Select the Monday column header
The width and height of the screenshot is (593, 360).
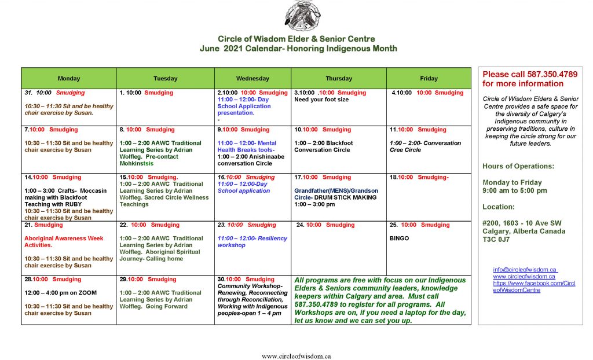(x=69, y=78)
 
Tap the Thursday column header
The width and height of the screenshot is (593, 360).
(x=339, y=78)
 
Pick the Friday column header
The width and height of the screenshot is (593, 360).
(x=429, y=78)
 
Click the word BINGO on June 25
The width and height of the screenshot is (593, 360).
(x=399, y=238)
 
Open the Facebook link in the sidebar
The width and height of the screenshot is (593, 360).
(x=533, y=286)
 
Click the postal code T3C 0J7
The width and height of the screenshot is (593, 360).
(x=496, y=240)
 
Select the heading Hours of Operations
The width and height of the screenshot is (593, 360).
(x=518, y=166)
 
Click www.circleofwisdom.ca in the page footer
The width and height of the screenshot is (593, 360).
(x=296, y=356)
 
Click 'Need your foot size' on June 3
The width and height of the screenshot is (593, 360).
(x=321, y=100)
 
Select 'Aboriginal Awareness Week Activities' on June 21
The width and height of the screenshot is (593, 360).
(x=64, y=241)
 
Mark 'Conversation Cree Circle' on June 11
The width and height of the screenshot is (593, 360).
(x=425, y=146)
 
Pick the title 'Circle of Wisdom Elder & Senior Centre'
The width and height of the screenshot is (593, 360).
(x=296, y=39)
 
